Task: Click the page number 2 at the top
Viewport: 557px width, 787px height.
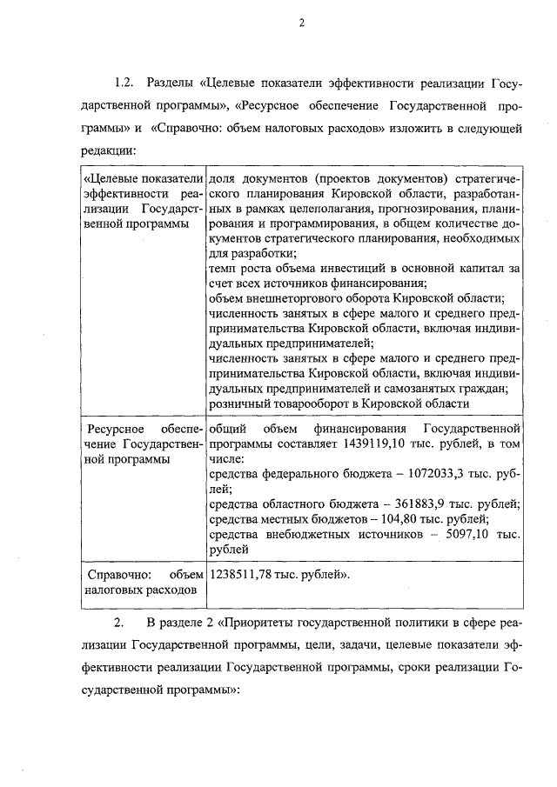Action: tap(301, 23)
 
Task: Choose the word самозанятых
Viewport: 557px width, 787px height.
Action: tap(428, 388)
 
